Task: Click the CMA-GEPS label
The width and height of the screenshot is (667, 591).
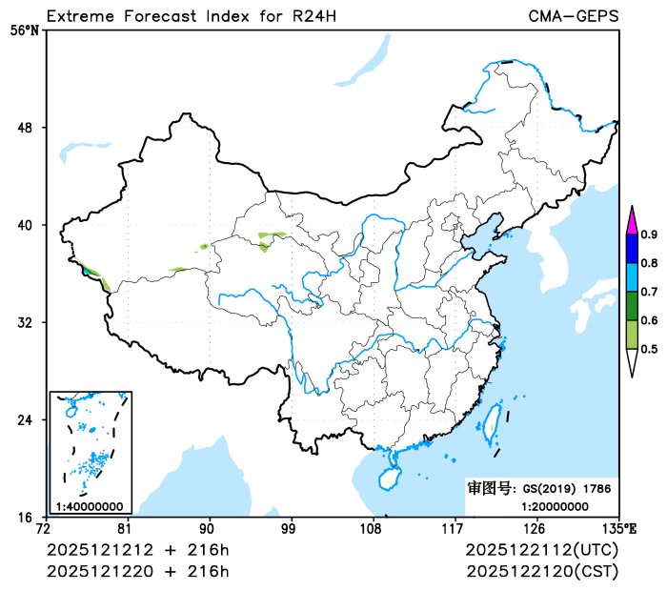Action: (x=574, y=16)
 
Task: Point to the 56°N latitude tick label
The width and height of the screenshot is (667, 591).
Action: (x=25, y=31)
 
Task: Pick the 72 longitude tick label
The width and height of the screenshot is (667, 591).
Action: (x=43, y=528)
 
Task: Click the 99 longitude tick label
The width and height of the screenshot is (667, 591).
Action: (x=289, y=528)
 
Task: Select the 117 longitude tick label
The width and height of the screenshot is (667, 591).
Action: (x=453, y=528)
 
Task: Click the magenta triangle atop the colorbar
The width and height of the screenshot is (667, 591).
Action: (x=631, y=220)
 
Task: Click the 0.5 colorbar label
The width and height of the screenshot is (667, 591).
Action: (x=649, y=349)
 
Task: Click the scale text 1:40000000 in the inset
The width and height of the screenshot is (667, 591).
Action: (x=90, y=506)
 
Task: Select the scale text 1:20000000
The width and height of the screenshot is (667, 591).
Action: (x=555, y=505)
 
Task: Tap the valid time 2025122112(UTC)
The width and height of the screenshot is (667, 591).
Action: (x=542, y=551)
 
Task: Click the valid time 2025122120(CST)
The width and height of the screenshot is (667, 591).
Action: (x=542, y=571)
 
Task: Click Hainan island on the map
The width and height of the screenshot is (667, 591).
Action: (x=390, y=477)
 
